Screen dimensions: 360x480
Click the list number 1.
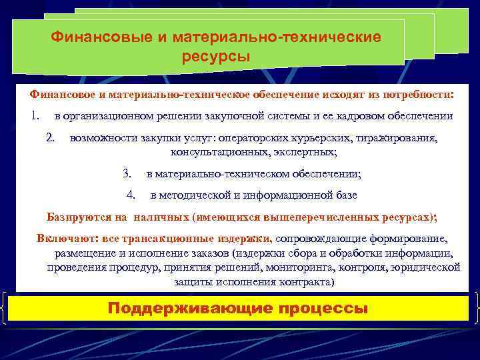click(x=35, y=116)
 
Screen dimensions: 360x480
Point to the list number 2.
click(x=51, y=139)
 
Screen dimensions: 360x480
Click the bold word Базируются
click(x=77, y=217)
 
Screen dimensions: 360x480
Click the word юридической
click(x=427, y=267)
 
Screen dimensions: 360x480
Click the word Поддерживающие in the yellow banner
click(x=189, y=309)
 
